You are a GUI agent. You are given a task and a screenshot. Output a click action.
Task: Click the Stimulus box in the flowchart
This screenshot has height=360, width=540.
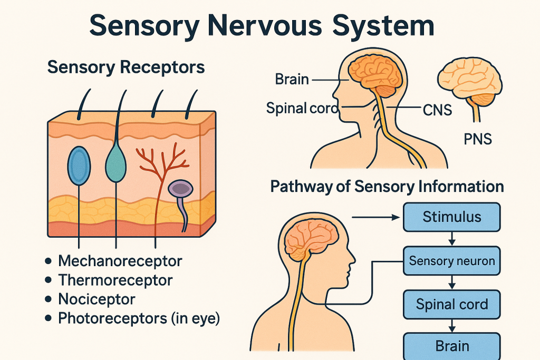click(x=452, y=217)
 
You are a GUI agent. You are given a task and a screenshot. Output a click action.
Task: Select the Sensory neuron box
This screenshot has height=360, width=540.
click(x=452, y=260)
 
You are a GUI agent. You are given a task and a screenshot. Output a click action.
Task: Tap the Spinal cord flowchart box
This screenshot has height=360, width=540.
click(x=452, y=304)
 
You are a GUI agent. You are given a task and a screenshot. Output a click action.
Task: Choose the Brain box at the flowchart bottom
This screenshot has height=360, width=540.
click(x=452, y=346)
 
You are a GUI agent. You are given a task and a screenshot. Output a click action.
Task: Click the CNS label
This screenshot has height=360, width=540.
click(x=437, y=110)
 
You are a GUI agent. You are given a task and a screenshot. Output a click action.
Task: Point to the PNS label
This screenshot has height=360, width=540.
click(x=478, y=140)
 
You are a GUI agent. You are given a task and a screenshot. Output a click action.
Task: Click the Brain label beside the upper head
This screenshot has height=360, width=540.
click(x=292, y=80)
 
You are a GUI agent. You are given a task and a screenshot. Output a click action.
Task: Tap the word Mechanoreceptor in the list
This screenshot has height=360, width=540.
click(x=120, y=260)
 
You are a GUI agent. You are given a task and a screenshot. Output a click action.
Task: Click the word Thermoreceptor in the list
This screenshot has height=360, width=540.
click(x=115, y=280)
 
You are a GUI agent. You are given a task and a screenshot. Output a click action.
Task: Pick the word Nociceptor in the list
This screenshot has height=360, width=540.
click(x=97, y=299)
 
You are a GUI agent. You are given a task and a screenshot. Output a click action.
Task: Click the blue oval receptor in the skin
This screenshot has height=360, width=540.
click(x=79, y=166)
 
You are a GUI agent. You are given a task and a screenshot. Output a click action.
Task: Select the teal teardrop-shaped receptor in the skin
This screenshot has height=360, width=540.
click(x=116, y=163)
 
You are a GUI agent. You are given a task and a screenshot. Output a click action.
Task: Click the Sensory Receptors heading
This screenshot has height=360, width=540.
click(x=126, y=67)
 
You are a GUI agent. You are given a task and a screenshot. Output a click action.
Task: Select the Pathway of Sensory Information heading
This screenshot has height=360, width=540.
click(x=387, y=187)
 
